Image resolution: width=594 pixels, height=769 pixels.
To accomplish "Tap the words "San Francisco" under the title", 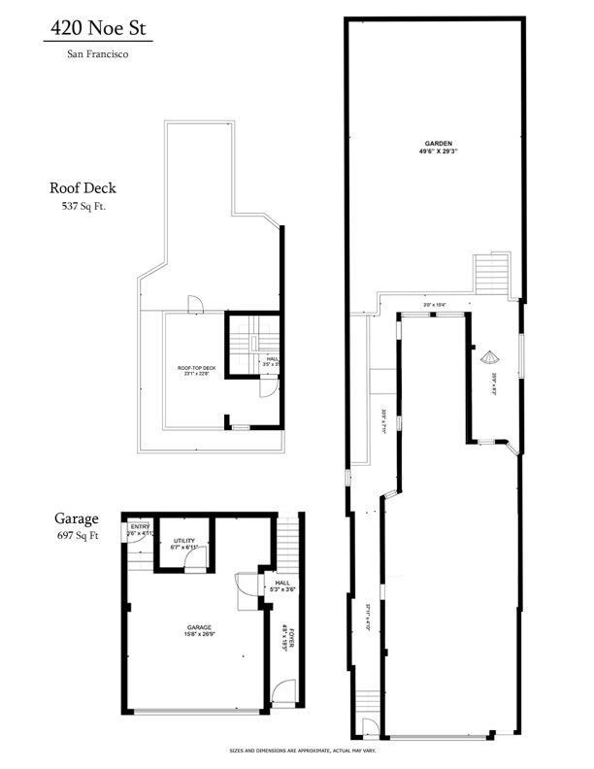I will pyautogui.click(x=97, y=54).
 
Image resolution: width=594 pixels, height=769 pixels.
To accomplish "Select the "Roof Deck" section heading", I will pyautogui.click(x=87, y=188).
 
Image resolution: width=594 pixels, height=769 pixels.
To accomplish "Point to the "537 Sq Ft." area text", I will pyautogui.click(x=87, y=206).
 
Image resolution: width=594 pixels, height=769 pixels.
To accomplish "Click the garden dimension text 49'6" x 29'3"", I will pyautogui.click(x=438, y=151).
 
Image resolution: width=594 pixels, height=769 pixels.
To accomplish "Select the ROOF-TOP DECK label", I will pyautogui.click(x=194, y=368).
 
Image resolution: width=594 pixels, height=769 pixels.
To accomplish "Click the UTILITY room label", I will pyautogui.click(x=186, y=540).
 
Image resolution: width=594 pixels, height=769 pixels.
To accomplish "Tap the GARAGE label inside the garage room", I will pyautogui.click(x=199, y=627).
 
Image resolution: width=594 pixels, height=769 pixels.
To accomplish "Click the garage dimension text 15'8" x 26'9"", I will pyautogui.click(x=199, y=635).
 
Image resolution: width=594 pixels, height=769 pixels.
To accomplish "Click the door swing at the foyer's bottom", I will pyautogui.click(x=282, y=692).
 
